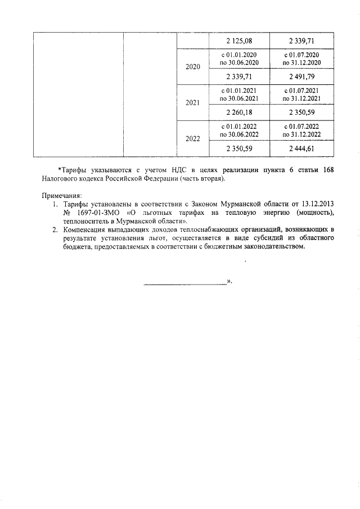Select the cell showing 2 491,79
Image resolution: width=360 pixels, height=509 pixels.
coord(302,76)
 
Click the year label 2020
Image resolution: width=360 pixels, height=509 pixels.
coord(193,67)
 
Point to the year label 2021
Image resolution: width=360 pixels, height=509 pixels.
coord(193,103)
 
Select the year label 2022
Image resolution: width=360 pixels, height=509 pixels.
coord(193,139)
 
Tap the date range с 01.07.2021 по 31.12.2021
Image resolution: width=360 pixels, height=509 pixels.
coord(302,94)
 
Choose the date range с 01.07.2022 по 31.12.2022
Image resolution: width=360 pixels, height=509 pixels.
coord(302,130)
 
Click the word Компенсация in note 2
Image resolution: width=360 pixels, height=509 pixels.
coord(86,229)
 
